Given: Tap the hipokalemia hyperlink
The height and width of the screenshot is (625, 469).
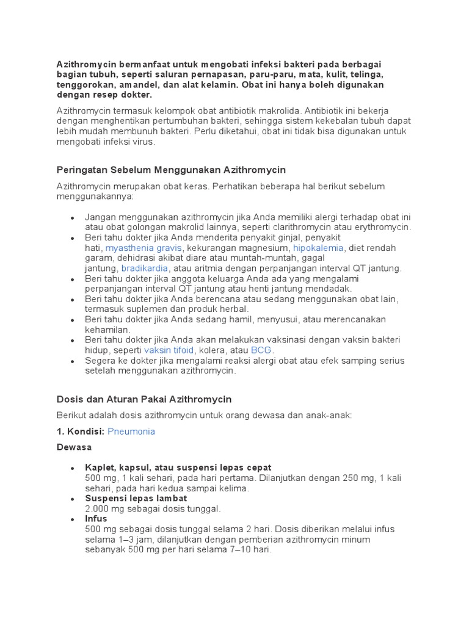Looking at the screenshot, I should [x=319, y=248].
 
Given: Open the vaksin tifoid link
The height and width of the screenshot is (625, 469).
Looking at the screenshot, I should [x=169, y=350].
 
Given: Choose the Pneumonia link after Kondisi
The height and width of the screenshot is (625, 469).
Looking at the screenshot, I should [x=131, y=432].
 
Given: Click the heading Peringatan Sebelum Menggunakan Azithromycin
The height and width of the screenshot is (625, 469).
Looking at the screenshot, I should [x=171, y=170].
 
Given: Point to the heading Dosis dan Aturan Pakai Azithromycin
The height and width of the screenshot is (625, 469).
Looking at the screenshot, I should [x=144, y=399].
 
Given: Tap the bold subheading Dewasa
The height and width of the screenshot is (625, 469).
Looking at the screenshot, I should [x=74, y=447].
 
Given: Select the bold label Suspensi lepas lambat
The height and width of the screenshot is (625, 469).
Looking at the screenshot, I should [x=136, y=498].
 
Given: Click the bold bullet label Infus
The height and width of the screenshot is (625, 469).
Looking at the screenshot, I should [x=96, y=519].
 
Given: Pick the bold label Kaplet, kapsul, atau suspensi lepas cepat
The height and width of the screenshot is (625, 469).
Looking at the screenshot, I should [x=178, y=468].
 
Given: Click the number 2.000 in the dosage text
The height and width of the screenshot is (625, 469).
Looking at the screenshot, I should [x=99, y=508].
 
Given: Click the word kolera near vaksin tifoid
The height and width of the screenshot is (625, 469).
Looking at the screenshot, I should [x=211, y=350].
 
